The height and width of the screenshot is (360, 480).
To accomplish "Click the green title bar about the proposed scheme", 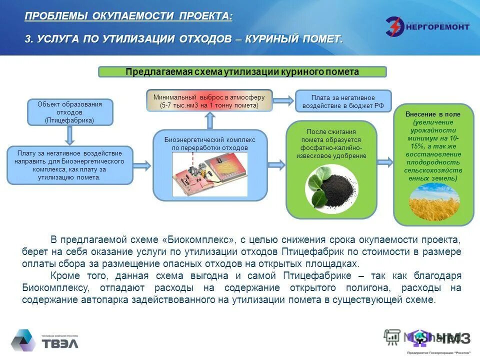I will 242,71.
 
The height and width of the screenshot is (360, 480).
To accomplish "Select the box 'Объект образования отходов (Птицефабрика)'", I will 69,112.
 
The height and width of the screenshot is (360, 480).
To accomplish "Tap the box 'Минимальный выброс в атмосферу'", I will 209,101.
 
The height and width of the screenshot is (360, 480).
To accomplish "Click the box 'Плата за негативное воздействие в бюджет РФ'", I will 343,101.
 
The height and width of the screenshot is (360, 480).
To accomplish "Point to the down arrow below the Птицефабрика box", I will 69,135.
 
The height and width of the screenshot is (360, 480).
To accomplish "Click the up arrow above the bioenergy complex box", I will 209,120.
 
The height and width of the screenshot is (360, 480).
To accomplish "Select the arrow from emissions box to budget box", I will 283,100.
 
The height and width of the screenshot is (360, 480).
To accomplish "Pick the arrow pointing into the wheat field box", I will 384,162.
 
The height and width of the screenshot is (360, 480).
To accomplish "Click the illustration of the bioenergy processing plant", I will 210,174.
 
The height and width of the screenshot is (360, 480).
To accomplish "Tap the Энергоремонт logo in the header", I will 427,26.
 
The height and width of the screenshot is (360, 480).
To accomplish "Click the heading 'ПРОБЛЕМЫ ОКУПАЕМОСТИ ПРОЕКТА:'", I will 128,16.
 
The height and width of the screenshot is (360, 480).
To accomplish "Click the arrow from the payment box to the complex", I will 142,165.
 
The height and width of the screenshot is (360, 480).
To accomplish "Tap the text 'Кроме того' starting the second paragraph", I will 74,276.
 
